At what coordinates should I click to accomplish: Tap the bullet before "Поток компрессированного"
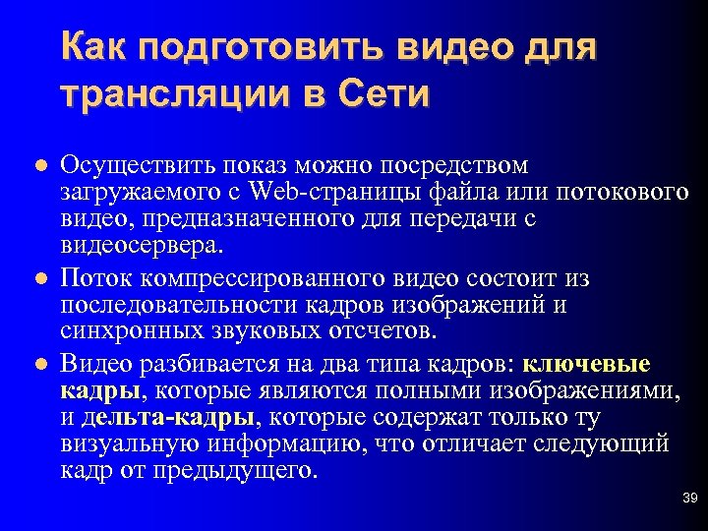40,280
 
